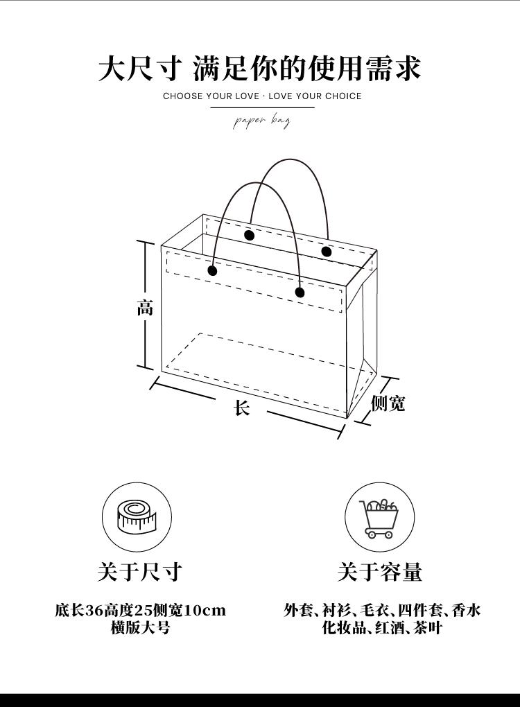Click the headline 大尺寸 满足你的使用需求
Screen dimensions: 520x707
259,69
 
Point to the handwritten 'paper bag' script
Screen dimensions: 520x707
261,122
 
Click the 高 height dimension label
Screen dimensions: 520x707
144,307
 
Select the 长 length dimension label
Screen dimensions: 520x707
241,408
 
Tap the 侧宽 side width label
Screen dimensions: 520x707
388,403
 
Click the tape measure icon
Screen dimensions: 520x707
137,516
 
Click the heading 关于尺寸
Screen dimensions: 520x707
139,572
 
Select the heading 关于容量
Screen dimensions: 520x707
379,572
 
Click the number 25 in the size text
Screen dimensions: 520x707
142,611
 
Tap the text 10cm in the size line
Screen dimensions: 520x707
205,611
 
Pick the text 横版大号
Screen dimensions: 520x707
140,628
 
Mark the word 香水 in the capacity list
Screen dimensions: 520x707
466,611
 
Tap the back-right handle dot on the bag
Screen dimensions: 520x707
327,251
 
